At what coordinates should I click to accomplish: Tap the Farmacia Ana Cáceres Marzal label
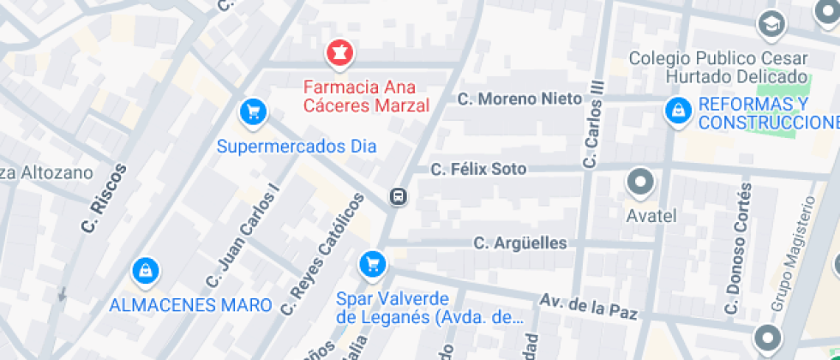[367, 97]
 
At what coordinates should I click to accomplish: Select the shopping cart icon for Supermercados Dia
[253, 111]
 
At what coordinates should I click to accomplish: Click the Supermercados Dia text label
[297, 146]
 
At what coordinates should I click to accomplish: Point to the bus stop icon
[399, 196]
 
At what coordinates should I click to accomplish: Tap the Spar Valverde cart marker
[371, 263]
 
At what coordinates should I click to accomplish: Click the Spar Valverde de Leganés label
[429, 308]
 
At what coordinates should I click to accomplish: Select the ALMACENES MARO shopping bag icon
[146, 271]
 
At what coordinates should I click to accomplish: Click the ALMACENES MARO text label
[190, 304]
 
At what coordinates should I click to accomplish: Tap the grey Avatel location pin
[640, 182]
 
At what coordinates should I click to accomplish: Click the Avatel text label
[651, 215]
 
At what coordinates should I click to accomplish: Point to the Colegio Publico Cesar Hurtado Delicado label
[717, 68]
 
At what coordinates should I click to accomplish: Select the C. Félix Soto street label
[490, 169]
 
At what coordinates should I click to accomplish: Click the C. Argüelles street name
[520, 243]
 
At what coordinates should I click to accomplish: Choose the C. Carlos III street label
[593, 125]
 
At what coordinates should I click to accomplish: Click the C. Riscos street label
[104, 199]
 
